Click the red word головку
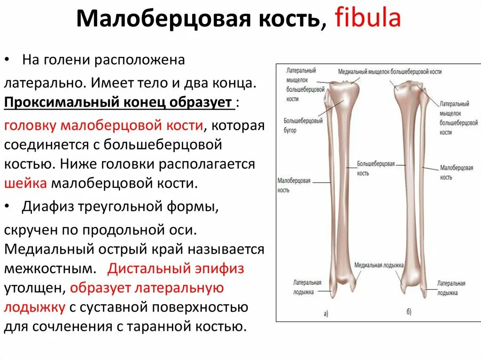[x=31, y=125]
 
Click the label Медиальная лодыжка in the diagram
[x=379, y=265]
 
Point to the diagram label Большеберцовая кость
[x=375, y=169]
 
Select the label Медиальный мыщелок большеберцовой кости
[x=389, y=72]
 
